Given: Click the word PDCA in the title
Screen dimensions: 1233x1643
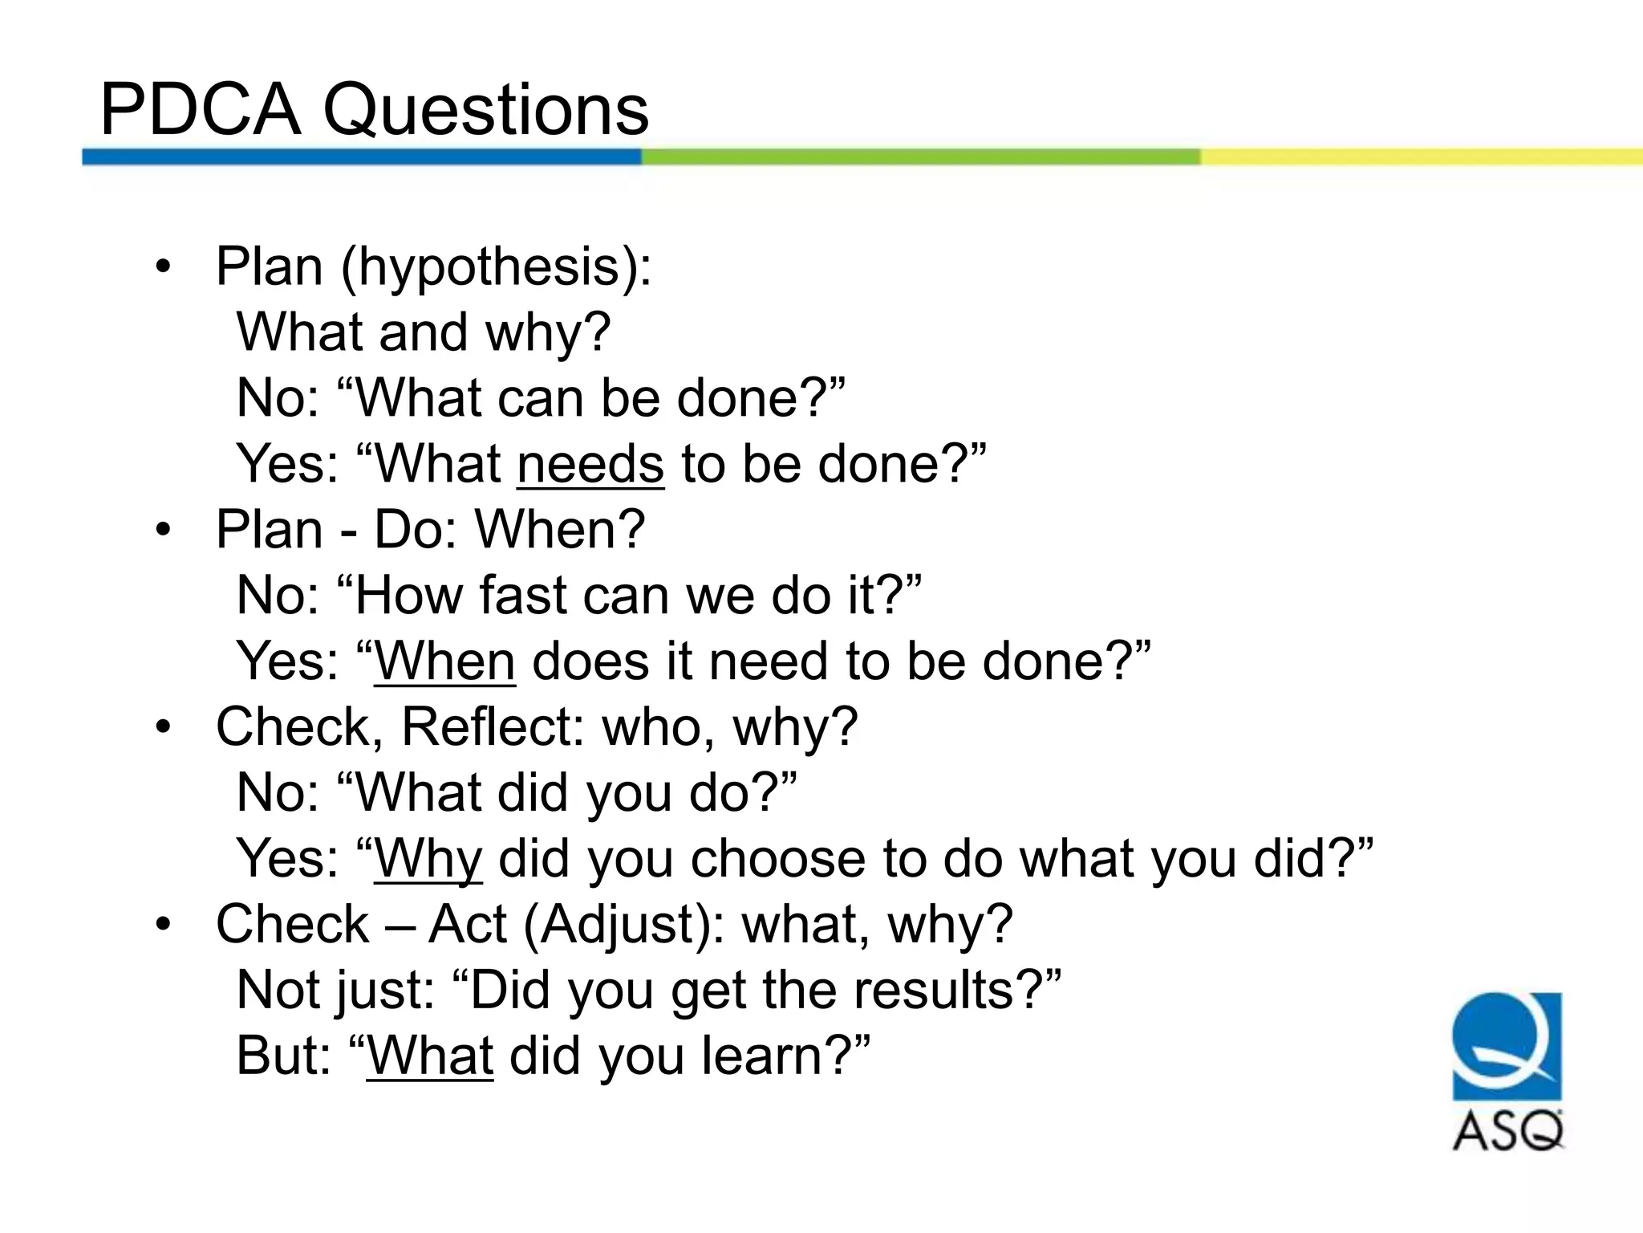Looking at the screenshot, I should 200,110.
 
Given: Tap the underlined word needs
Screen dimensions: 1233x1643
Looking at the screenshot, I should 590,465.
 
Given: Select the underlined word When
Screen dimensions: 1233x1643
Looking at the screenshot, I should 444,662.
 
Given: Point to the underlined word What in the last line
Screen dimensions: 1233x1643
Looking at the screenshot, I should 430,1056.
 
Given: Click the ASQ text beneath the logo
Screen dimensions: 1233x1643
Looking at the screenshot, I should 1507,1132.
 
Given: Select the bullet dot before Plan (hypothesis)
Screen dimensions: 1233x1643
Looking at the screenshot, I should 164,267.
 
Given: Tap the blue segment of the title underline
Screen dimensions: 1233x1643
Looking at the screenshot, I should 361,157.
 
